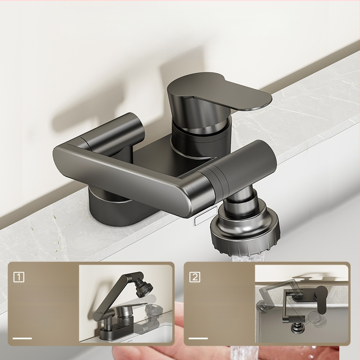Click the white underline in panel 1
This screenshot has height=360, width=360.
point(22,338)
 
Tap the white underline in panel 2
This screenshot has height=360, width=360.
point(198,338)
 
